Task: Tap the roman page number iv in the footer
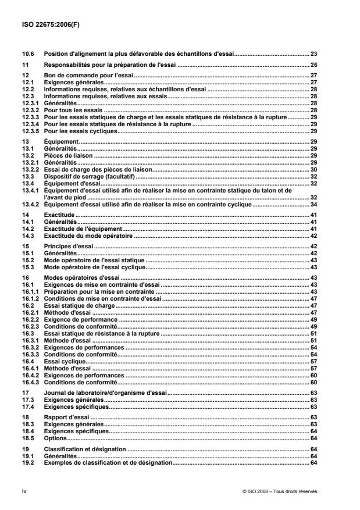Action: (x=23, y=490)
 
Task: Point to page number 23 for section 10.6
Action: (x=313, y=53)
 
